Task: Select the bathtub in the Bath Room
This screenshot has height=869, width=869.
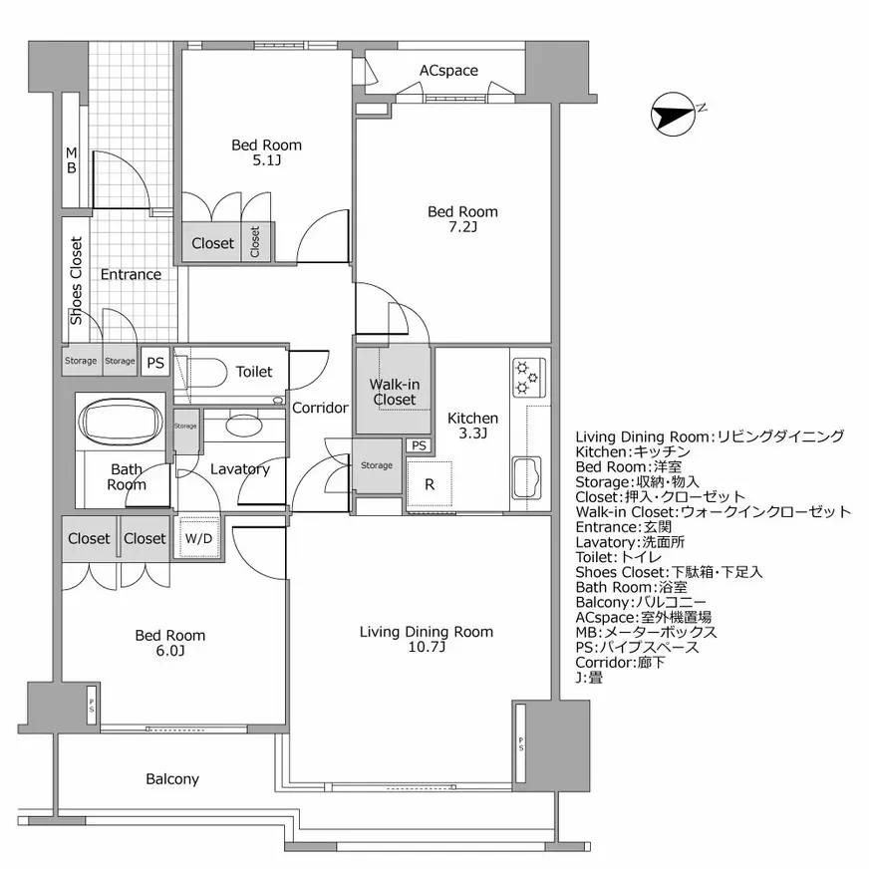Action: pos(121,423)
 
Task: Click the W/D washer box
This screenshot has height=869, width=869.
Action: pos(198,538)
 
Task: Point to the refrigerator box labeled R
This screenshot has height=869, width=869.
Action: pos(430,485)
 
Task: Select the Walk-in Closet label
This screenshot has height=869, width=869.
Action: pos(394,392)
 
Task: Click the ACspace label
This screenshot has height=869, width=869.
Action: pos(447,71)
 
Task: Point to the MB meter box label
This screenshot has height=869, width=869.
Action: pos(71,160)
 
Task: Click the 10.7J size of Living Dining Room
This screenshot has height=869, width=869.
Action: pos(426,648)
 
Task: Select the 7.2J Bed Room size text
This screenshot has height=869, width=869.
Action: pos(462,227)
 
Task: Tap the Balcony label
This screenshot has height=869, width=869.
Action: pos(172,779)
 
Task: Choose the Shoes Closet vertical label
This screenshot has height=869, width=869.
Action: pos(76,280)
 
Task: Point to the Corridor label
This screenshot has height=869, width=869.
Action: pos(320,408)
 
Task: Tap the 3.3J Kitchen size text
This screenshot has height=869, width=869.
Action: pos(472,434)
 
